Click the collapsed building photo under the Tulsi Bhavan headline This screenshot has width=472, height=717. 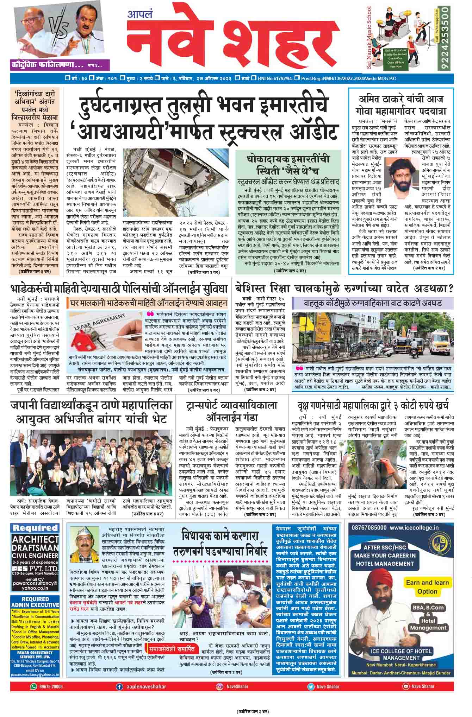click(x=175, y=182)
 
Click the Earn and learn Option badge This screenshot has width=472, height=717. click(x=427, y=587)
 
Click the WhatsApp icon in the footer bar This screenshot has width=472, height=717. click(x=34, y=686)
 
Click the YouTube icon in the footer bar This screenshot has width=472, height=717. click(x=405, y=686)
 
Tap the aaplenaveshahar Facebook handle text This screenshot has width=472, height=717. click(x=146, y=686)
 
